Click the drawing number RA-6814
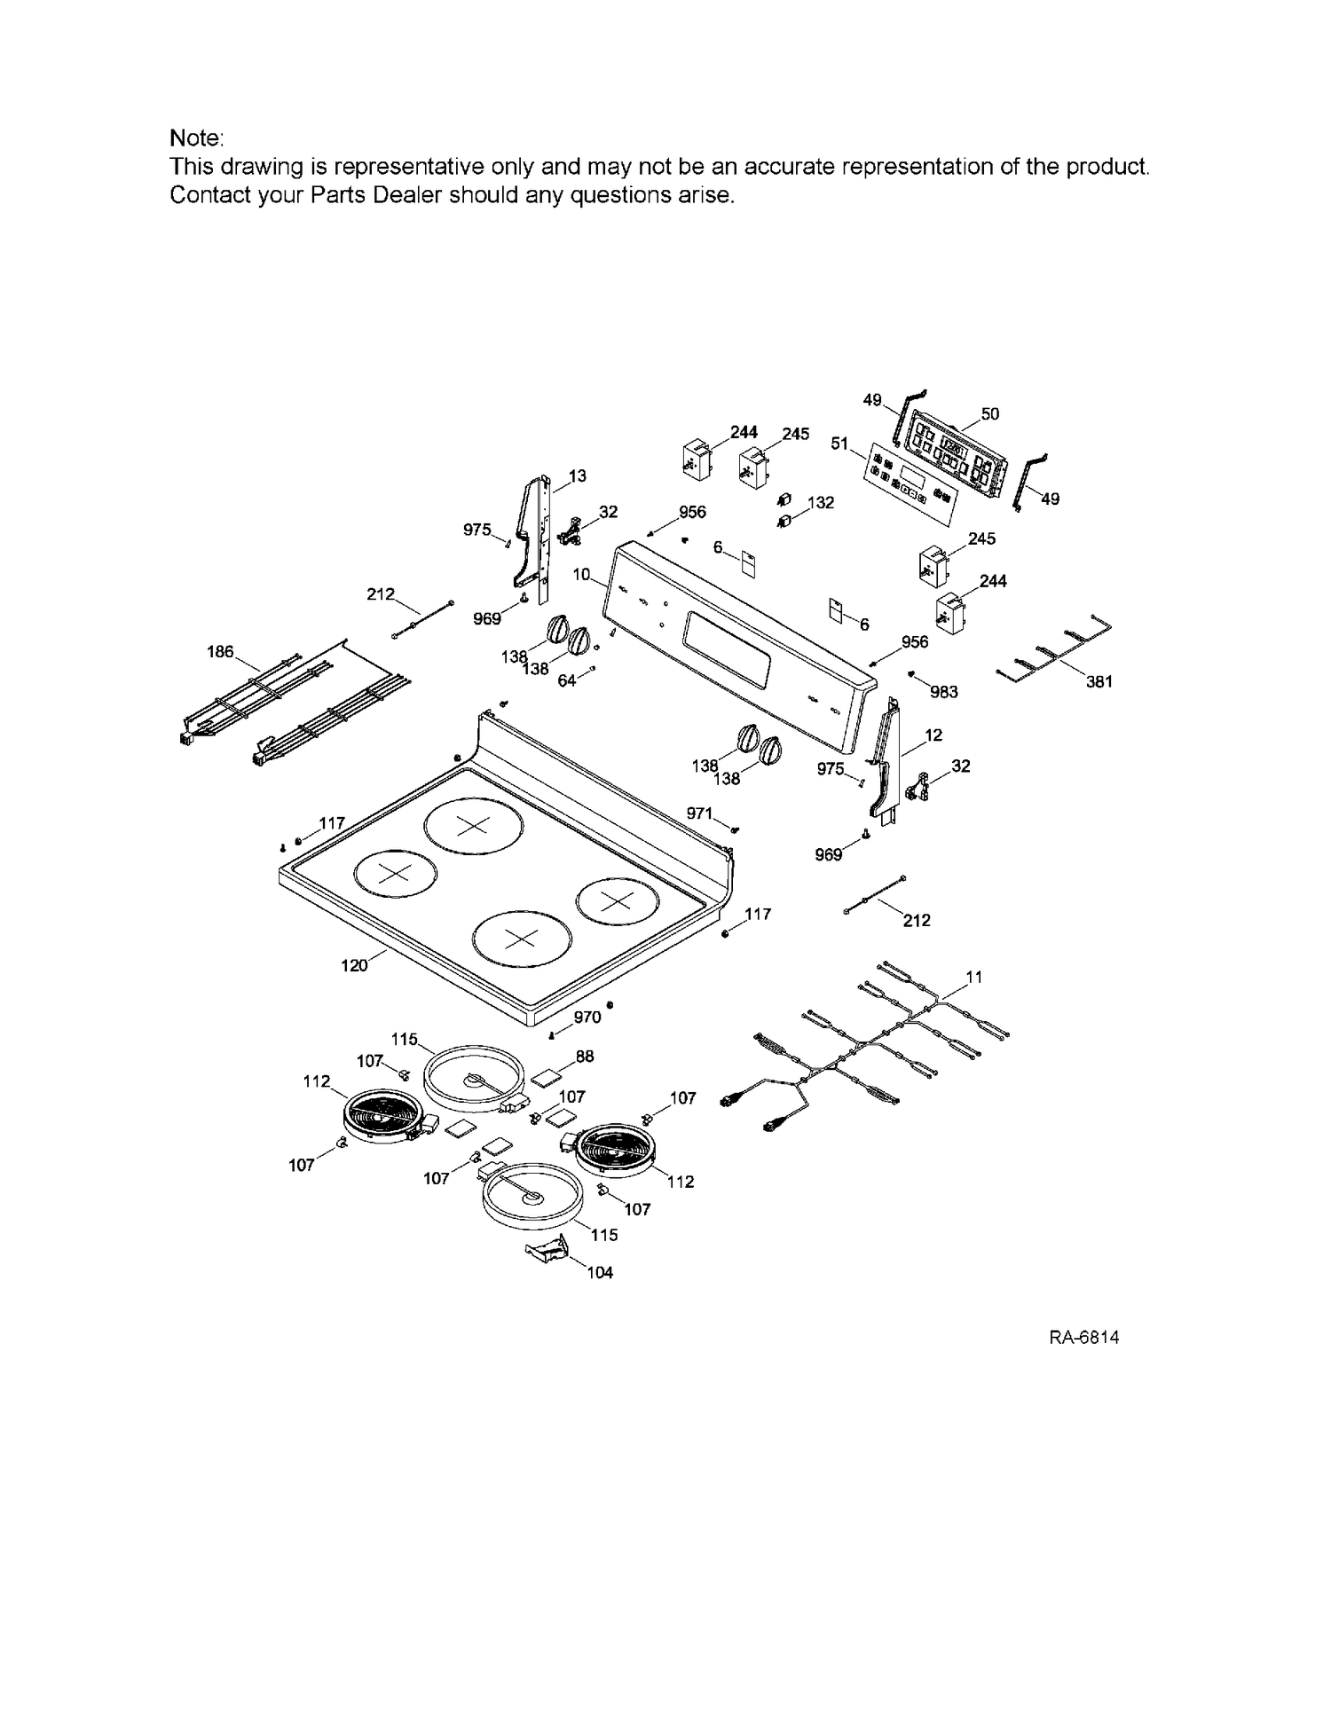(1083, 1337)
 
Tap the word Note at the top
(196, 138)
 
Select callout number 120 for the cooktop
(354, 965)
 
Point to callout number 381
(1099, 681)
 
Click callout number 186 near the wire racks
(220, 652)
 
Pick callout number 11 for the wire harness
(974, 977)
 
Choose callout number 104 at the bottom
(600, 1272)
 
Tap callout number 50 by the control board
(990, 413)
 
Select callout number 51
(839, 442)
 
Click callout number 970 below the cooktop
(587, 1018)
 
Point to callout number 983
(944, 691)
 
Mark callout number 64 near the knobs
(567, 680)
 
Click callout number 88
(584, 1056)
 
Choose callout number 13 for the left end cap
(577, 476)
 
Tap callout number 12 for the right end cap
(933, 735)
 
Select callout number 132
(821, 502)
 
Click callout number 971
(699, 813)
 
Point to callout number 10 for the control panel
(581, 574)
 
